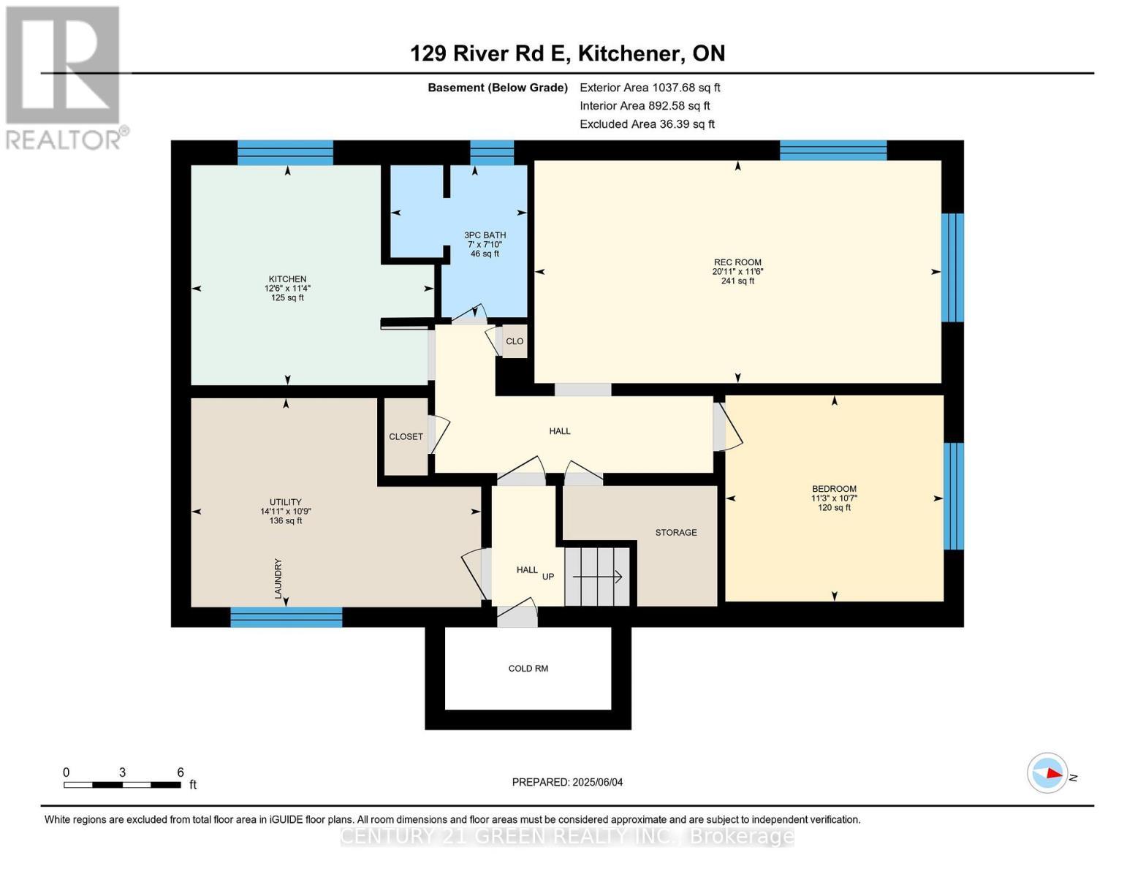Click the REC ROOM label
point(737,262)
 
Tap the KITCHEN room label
point(287,279)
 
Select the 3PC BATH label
point(485,235)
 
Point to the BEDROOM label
point(834,489)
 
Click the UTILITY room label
point(285,502)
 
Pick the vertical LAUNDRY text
point(278,579)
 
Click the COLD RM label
point(528,669)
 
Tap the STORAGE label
point(675,533)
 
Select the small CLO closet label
point(515,341)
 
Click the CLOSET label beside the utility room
point(406,437)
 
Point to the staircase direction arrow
point(597,577)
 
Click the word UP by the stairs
point(548,577)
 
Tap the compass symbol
point(1047,773)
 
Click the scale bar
point(122,785)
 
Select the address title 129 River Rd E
point(567,53)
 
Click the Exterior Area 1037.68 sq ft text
point(650,88)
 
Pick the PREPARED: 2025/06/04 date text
point(567,782)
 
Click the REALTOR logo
point(64,77)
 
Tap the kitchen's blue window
point(285,153)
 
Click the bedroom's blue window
point(953,496)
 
